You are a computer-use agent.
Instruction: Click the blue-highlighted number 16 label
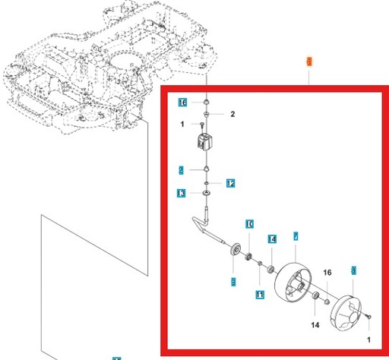click(x=182, y=103)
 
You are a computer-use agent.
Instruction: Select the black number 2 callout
click(x=233, y=115)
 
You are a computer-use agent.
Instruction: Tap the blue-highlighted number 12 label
click(x=230, y=183)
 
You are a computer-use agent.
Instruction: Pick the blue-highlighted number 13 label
click(x=181, y=194)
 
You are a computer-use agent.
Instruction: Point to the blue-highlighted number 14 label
click(x=271, y=239)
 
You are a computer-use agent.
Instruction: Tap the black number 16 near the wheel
click(x=327, y=271)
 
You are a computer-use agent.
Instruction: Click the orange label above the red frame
click(x=308, y=61)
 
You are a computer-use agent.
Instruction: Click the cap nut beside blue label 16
click(x=206, y=101)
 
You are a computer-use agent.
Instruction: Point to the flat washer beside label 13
click(x=206, y=195)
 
